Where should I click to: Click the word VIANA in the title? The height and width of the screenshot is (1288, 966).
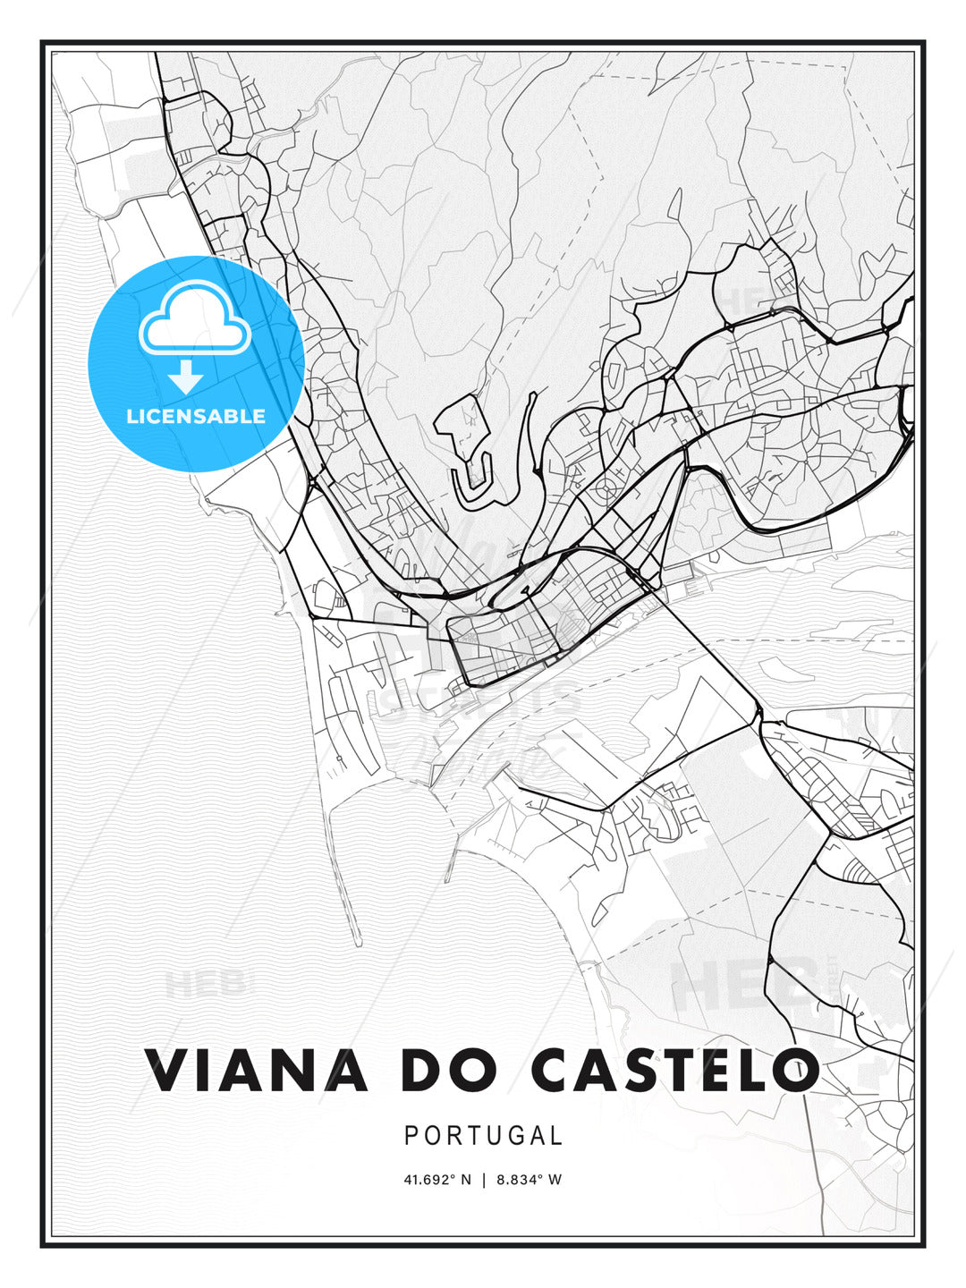point(257,1071)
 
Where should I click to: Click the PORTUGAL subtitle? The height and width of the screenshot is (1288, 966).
point(483,1136)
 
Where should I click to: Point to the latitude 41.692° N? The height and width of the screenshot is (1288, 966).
point(437,1180)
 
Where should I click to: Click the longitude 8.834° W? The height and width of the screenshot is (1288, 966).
point(529,1180)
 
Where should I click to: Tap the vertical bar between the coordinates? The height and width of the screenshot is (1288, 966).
point(484,1180)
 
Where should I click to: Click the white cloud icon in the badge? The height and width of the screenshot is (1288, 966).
point(194,318)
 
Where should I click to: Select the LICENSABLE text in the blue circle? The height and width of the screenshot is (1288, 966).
point(196,416)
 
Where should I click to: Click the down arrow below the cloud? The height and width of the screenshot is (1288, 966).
point(186,377)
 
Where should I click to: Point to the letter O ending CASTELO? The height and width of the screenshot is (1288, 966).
point(794,1071)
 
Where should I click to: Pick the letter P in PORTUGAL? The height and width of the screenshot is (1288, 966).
point(411,1136)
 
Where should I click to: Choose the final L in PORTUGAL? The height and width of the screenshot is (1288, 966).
point(557,1136)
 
